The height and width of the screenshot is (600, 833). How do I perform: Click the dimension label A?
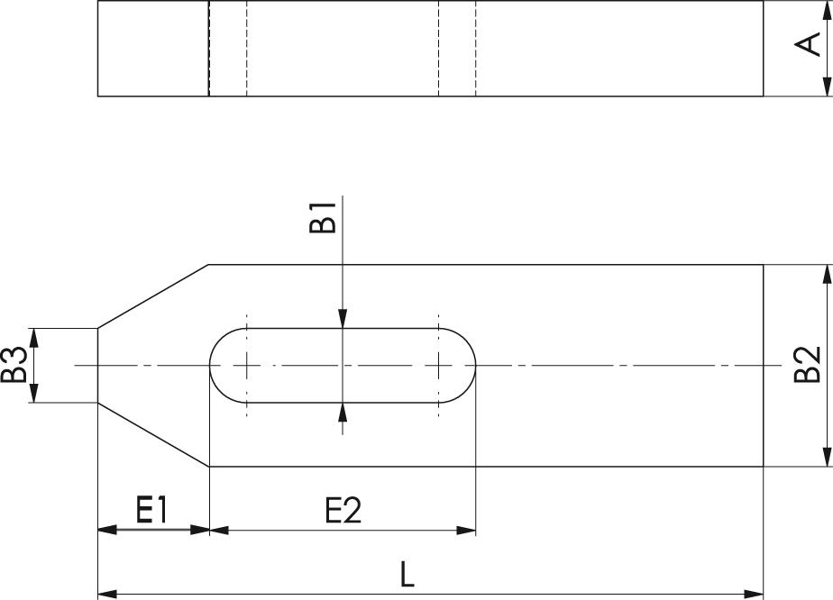coord(811,43)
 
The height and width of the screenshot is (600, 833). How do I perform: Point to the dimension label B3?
coord(13,366)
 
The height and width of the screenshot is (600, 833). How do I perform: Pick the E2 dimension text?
coord(343,511)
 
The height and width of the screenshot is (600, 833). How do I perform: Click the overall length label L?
coord(407,575)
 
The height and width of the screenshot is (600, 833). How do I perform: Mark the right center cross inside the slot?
coord(438,366)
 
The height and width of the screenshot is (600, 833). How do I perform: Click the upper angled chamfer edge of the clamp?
coord(153,296)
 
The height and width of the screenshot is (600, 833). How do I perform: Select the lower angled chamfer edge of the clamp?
coord(153,435)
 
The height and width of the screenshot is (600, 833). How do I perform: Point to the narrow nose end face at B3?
coord(97,366)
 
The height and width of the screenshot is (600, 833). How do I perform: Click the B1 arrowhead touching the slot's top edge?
coord(343,319)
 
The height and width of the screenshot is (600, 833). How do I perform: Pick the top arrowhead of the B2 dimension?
coord(828,273)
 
